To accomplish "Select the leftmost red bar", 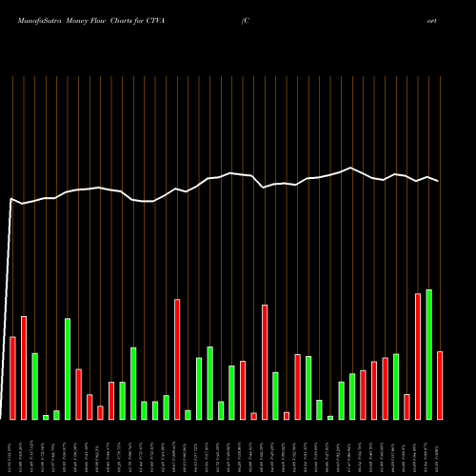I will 12,378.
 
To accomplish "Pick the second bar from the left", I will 24,367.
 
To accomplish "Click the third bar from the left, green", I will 34,386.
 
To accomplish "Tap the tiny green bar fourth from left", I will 46,417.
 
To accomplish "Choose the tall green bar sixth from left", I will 68,368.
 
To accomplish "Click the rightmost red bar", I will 440,385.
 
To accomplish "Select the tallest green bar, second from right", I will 428,354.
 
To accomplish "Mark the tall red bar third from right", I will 418,356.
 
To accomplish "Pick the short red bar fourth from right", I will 407,407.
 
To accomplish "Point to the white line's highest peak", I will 351,168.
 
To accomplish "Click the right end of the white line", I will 439,181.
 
